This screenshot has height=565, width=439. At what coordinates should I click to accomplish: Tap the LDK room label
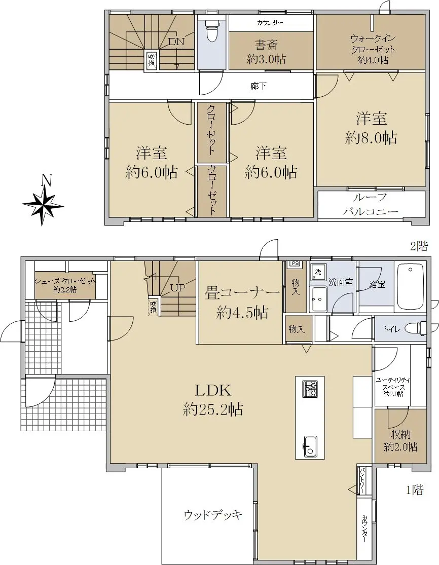[212, 390]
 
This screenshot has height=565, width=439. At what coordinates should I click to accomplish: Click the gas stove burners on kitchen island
[310, 389]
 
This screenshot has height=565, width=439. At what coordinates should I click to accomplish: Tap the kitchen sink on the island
[310, 446]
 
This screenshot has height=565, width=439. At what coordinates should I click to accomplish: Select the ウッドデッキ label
[212, 515]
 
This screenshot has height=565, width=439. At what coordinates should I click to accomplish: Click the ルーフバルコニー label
[371, 204]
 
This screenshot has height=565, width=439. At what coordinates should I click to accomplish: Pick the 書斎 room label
[266, 45]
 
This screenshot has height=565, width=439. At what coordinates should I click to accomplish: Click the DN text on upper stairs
[176, 42]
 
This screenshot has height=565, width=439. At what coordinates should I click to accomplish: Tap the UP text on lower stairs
[178, 288]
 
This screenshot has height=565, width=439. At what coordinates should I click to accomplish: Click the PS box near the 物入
[295, 263]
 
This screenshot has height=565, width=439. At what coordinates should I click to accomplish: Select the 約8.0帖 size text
[371, 138]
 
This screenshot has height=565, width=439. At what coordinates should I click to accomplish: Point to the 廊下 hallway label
[259, 86]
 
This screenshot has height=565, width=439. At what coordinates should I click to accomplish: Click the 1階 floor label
[415, 490]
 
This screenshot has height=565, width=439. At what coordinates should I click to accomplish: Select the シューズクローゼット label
[65, 281]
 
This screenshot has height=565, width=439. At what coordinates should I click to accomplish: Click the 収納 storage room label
[400, 435]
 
